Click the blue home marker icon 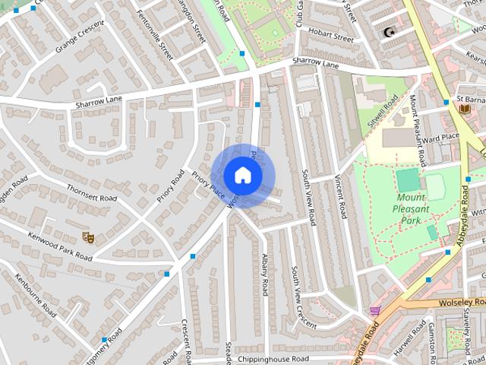tap(242, 175)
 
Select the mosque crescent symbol tap(390, 33)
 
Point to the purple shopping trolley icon tap(374, 311)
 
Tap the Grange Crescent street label tap(80, 39)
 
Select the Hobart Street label tap(333, 37)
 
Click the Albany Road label tap(265, 275)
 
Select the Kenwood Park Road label tap(61, 247)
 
